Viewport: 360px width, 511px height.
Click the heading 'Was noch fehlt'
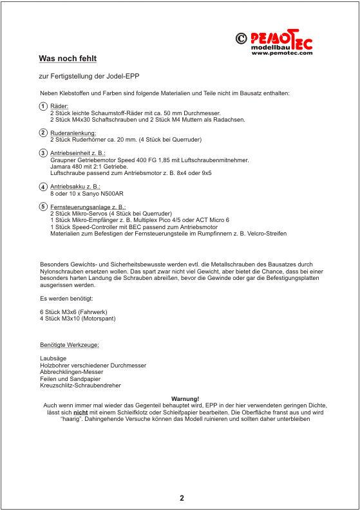[68, 59]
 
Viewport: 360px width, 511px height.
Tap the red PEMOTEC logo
[281, 40]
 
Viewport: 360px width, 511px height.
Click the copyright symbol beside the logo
[242, 39]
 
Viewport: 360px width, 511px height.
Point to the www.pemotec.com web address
[282, 53]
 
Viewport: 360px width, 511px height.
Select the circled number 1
[43, 106]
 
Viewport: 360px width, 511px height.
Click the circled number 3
[43, 153]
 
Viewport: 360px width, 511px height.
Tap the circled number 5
[43, 207]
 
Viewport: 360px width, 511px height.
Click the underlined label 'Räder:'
[59, 106]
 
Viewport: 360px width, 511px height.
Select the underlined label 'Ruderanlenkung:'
[73, 133]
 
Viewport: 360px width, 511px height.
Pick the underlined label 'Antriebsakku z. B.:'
[75, 187]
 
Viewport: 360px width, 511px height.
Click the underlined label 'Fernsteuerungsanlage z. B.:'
[88, 207]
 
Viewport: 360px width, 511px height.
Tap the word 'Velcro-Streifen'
[267, 234]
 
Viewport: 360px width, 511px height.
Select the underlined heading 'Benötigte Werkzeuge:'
[70, 345]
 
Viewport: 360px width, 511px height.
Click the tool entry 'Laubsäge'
[53, 358]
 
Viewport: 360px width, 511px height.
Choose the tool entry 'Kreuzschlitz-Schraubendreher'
[81, 386]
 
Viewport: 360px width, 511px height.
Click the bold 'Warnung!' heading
[185, 399]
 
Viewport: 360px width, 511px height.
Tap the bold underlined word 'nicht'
[81, 413]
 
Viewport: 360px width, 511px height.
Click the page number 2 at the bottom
[182, 498]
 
